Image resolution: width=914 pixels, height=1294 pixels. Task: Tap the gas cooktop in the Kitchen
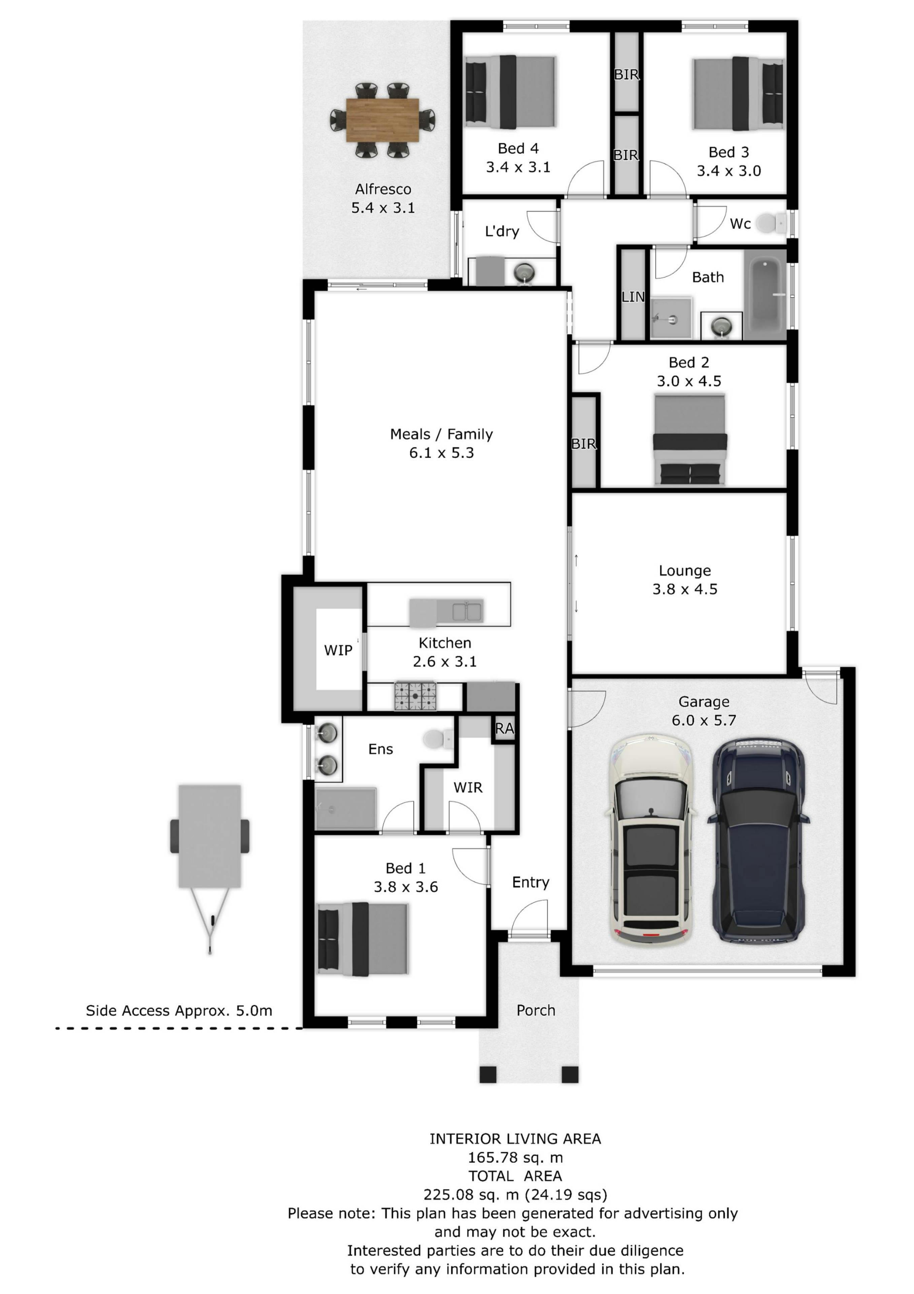[x=415, y=696]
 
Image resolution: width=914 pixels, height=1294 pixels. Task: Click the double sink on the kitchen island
[x=467, y=612]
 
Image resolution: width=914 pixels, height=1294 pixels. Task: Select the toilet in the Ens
[x=438, y=738]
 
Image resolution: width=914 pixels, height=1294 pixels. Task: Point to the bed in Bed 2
[x=690, y=440]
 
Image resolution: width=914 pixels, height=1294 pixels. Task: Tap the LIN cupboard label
[x=633, y=297]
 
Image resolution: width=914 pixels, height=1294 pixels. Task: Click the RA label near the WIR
[x=505, y=729]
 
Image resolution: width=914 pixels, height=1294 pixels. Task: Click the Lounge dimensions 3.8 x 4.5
[x=685, y=589]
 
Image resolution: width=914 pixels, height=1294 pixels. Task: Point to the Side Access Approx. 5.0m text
[x=179, y=1011]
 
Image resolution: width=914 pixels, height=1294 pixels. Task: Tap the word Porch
[x=536, y=1011]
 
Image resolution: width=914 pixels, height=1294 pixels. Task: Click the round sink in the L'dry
[x=525, y=273]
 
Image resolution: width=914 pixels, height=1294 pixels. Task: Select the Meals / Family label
[x=441, y=434]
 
